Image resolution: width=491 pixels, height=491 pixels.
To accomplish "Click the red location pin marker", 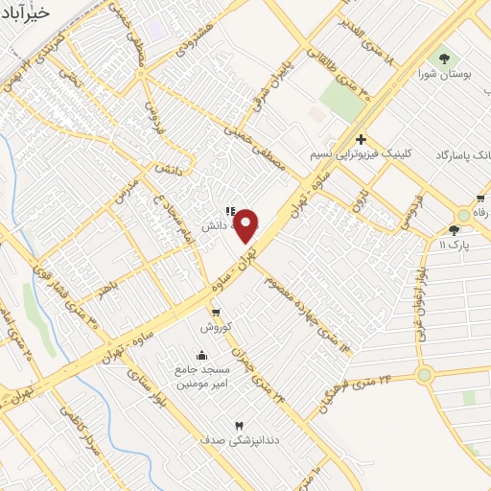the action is click(245, 225).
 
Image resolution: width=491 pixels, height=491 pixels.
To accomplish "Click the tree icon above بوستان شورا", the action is click(443, 57).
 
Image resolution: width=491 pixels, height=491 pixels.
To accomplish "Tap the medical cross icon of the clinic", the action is click(360, 139).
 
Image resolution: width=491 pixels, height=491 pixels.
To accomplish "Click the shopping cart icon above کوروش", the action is click(216, 313).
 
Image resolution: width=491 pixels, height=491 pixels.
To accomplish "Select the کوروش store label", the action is click(216, 328).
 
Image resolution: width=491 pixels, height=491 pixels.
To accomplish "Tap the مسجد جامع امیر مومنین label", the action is click(199, 377).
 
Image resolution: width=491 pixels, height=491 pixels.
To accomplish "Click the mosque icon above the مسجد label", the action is click(200, 356).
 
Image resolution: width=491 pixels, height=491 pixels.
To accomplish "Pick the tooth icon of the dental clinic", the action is click(239, 425).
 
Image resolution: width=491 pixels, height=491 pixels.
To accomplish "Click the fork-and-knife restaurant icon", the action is click(229, 211).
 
